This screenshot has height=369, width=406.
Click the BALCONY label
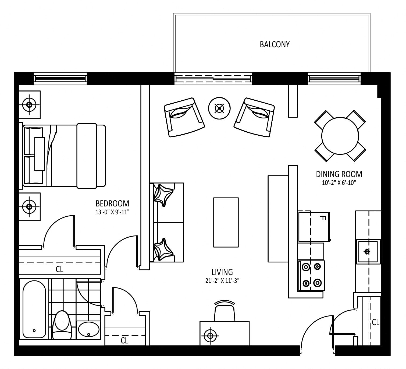pos(275,44)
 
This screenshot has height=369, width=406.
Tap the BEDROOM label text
pos(112,203)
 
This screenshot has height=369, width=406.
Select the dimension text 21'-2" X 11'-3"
pos(222,280)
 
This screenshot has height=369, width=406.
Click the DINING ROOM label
pos(339,174)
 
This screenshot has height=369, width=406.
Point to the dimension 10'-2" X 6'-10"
pos(339,182)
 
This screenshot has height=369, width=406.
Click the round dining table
pos(340,136)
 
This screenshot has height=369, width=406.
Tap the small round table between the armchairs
pos(219,108)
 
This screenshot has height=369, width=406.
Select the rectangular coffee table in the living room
pos(226,222)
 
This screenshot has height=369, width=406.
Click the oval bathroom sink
pos(89,329)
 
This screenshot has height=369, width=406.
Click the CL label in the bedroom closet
pos(59,269)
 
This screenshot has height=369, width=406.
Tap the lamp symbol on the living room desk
pos(210,336)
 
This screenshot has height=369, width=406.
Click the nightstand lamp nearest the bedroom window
pos(29,105)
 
